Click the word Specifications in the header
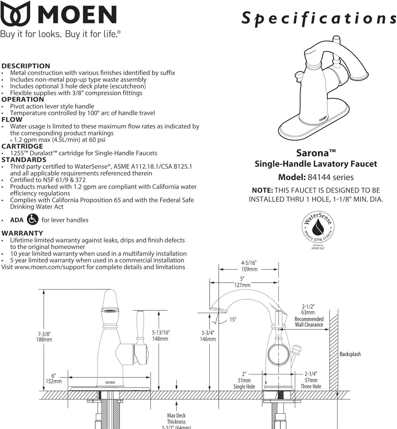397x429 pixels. click(319, 19)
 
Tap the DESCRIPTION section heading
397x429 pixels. click(26, 66)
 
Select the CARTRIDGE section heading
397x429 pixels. click(22, 146)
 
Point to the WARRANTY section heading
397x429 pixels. click(22, 233)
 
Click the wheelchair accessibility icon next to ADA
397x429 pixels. click(32, 219)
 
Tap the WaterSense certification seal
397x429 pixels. click(318, 227)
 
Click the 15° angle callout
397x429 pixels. click(233, 319)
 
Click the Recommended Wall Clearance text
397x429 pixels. click(309, 322)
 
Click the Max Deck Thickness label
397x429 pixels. click(176, 419)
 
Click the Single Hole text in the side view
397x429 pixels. click(244, 387)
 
